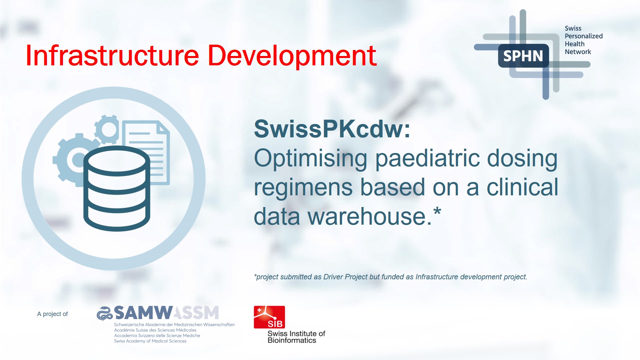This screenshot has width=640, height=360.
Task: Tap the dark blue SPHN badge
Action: click(x=523, y=56)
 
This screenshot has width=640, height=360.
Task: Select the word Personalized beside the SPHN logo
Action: click(x=583, y=36)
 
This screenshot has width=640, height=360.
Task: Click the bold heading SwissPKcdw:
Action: click(x=332, y=129)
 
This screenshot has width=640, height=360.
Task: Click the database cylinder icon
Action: click(x=116, y=188)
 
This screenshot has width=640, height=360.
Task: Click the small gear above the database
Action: click(x=107, y=129)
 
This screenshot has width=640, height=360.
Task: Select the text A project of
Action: click(x=52, y=314)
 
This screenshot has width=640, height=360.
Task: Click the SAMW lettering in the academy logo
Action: click(x=143, y=313)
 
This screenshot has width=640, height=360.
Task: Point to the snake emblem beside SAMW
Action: click(x=104, y=313)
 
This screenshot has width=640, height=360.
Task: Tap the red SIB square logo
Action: click(x=269, y=317)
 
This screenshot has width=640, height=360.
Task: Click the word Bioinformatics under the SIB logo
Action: click(x=292, y=340)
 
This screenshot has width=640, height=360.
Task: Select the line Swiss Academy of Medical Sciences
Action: click(x=150, y=341)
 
